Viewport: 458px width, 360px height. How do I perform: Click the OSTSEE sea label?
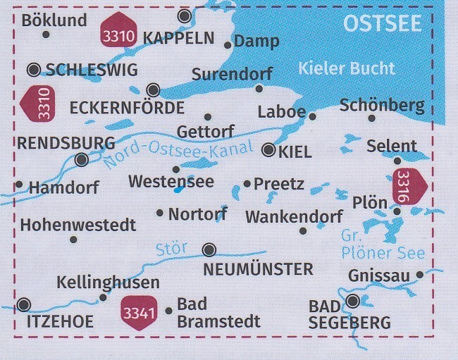point(382,23)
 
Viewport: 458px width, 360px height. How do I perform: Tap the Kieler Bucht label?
point(346,69)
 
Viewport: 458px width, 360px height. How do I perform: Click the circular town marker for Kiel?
point(268,149)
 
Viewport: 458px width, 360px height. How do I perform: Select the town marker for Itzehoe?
point(24,305)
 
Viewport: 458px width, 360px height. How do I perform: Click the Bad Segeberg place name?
point(349,315)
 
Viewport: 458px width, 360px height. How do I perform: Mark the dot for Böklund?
point(46,34)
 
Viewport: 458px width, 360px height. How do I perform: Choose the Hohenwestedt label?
point(78,225)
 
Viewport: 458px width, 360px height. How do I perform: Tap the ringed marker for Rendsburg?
point(82,160)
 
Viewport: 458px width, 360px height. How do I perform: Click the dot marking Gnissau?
point(420,275)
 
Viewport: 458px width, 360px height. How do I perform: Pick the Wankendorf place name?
point(294,216)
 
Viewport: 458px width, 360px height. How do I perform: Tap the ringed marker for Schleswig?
point(34,69)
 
